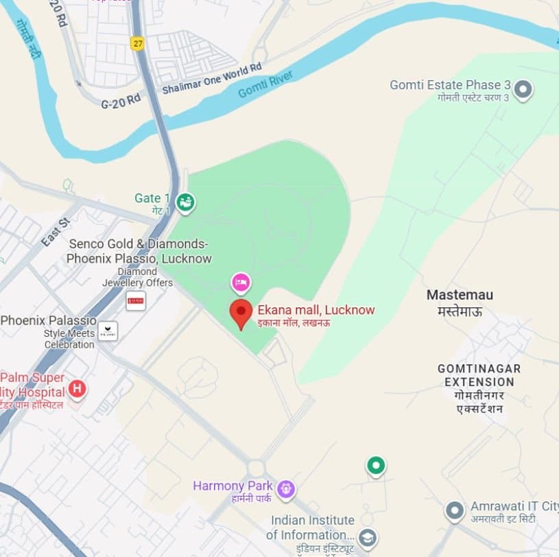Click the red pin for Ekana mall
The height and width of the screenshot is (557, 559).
240,312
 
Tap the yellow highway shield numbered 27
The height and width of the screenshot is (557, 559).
138,43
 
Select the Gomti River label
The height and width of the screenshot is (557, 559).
265,84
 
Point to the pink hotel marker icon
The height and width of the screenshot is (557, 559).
240,281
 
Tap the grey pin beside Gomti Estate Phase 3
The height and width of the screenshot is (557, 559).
523,88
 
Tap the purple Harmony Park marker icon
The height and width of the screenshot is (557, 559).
286,488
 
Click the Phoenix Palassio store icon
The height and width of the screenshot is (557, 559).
108,331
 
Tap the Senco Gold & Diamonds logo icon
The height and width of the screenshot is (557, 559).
136,300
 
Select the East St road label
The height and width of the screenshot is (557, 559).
56,233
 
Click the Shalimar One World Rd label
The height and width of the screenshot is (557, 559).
212,78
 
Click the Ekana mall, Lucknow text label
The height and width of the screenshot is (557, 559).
316,310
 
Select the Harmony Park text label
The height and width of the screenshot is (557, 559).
233,486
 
